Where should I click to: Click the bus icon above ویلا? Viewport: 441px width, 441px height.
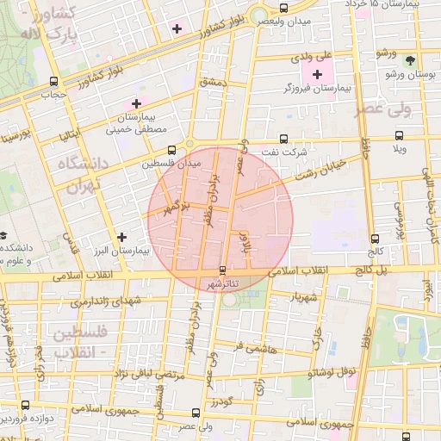tap(398, 135)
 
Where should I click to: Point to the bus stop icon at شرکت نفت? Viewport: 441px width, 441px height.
tap(284, 138)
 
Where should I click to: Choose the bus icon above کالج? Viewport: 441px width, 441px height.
tap(374, 239)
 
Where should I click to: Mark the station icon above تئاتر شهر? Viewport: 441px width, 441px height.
tap(223, 270)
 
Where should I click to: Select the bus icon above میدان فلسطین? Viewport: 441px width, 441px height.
tap(171, 149)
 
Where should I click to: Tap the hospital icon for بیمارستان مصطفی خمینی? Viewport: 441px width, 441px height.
tap(135, 102)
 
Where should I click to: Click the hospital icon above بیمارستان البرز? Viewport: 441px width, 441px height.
tap(121, 236)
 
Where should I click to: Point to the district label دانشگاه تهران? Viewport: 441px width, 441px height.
tap(77, 173)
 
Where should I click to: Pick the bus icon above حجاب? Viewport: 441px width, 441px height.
tap(44, 83)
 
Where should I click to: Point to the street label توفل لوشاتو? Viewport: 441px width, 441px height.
tap(335, 373)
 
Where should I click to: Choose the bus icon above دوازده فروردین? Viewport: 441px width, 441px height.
tap(24, 405)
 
